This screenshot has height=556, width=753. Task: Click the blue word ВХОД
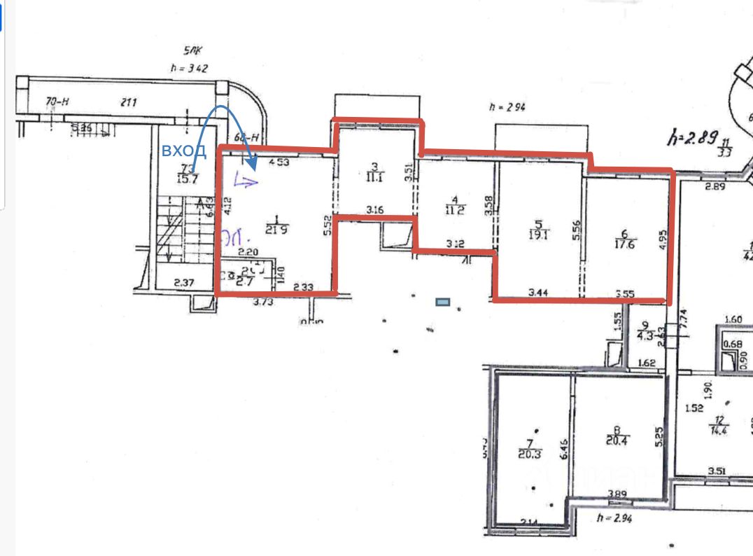point(184,151)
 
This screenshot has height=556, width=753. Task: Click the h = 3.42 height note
point(189,68)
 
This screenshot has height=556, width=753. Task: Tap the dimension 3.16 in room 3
point(376,209)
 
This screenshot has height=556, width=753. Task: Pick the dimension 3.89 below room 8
point(617,493)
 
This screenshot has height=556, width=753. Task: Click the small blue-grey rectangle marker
point(442,302)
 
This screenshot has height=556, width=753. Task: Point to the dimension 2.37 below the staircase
point(164,284)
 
